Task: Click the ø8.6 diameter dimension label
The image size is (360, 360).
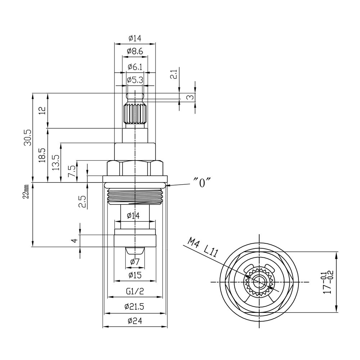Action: (x=135, y=51)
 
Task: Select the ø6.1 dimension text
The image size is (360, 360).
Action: (x=135, y=67)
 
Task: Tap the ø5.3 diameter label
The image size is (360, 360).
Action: (x=135, y=80)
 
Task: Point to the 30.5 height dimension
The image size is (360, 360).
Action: (x=28, y=138)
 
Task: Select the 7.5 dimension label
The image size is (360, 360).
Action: (x=71, y=171)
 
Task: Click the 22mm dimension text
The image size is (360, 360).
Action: (x=26, y=192)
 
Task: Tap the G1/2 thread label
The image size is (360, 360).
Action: (x=135, y=291)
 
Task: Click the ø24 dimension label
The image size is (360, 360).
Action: (x=135, y=320)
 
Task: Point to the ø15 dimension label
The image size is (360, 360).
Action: (x=135, y=275)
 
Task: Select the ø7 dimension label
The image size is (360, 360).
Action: (x=135, y=261)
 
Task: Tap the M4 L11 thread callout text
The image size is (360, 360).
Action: (x=202, y=248)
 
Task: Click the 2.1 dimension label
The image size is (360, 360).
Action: (x=175, y=74)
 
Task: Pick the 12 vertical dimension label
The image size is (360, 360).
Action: (x=43, y=111)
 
